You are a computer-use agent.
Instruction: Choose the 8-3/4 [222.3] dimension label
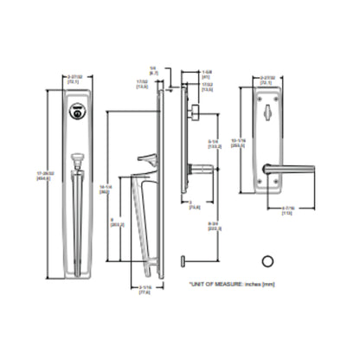pyautogui.click(x=215, y=227)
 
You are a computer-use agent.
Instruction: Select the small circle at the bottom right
pyautogui.click(x=267, y=261)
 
